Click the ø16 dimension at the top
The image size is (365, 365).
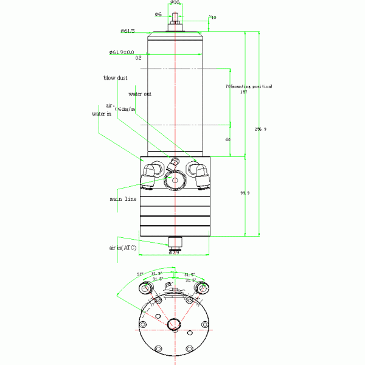coord(175,3)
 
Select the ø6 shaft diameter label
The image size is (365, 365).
coord(158,13)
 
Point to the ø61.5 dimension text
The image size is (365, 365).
coord(127,30)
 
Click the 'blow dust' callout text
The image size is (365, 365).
coord(114,78)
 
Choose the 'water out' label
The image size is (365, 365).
coord(140,94)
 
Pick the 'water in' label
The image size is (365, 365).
coord(102,114)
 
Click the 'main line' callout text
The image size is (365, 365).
coord(123,199)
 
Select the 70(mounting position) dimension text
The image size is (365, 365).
coord(249,86)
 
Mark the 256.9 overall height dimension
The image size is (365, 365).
coord(260,129)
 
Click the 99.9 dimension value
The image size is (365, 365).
coord(245,193)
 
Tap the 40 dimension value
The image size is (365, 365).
coord(228,139)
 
